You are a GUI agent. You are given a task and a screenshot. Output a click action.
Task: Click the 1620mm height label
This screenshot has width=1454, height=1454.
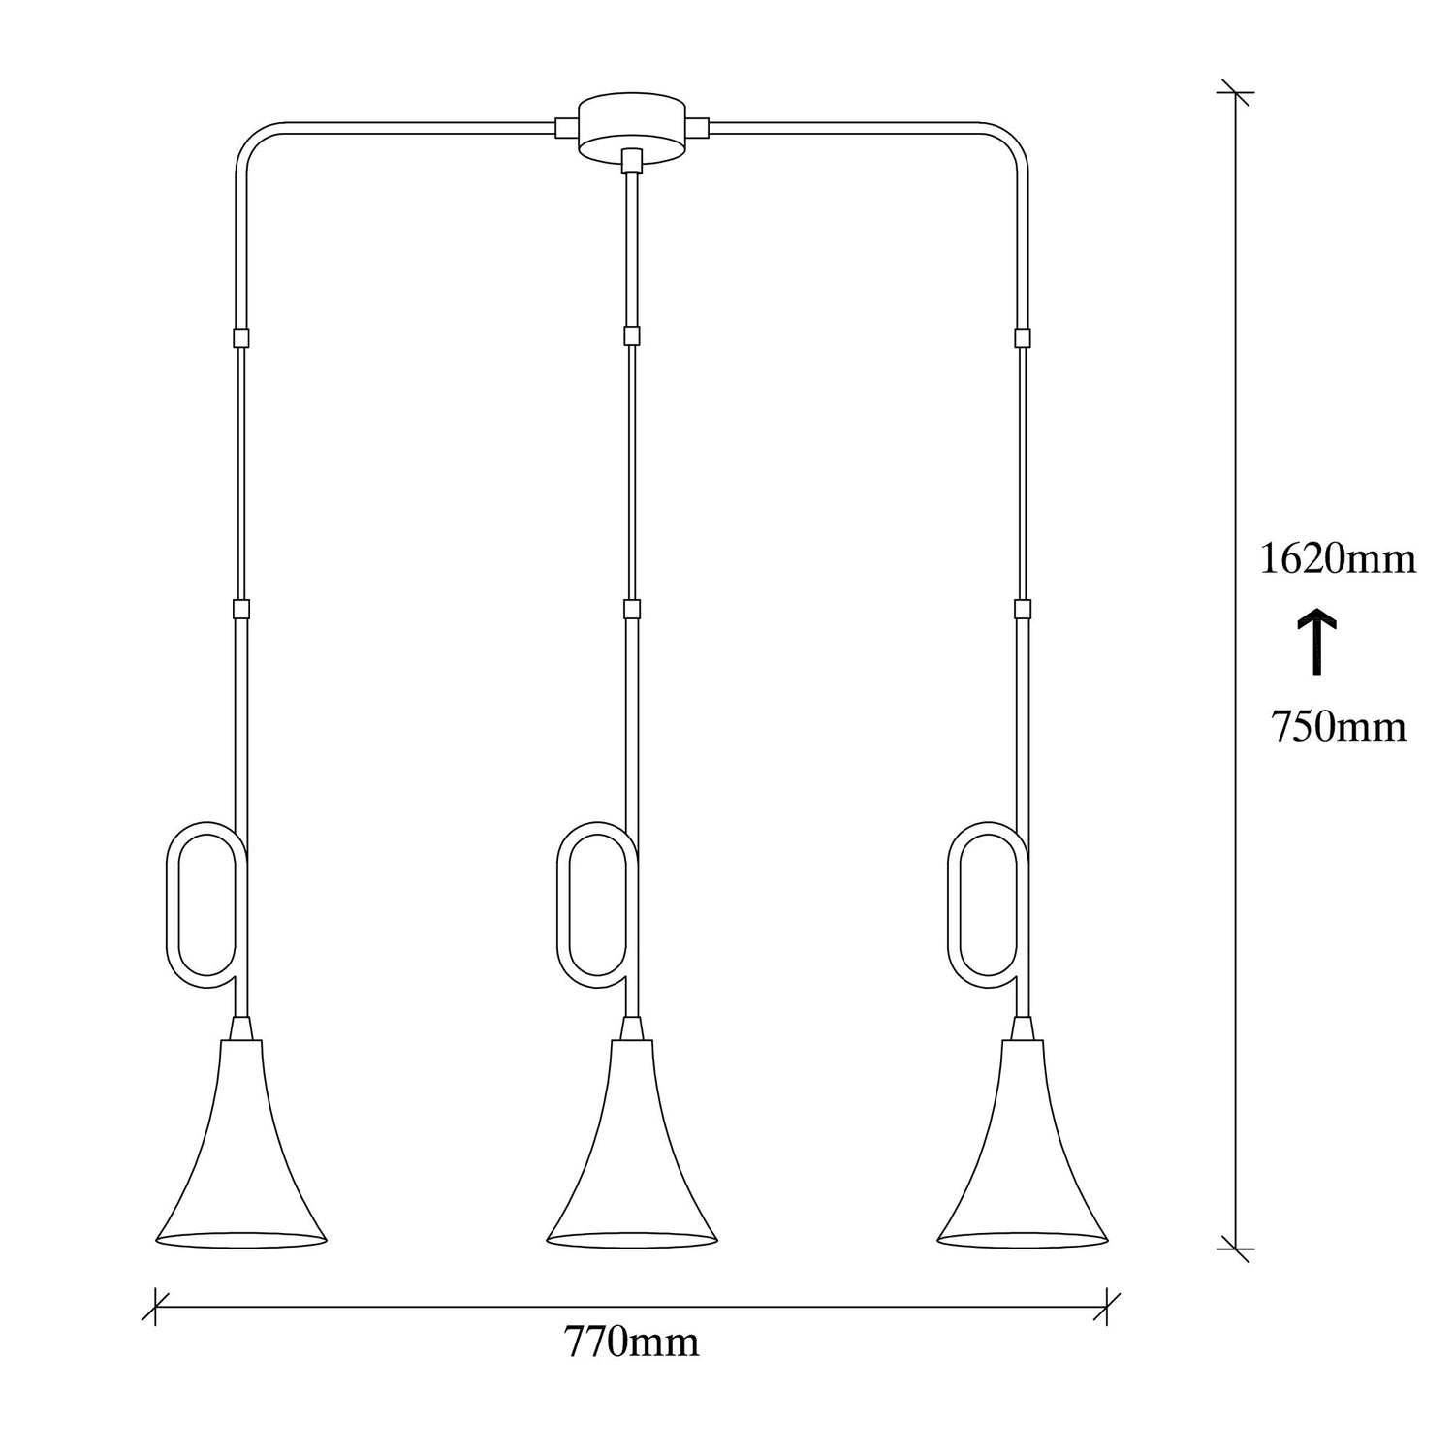[1338, 559]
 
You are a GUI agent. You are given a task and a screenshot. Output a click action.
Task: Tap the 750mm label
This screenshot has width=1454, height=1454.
[1338, 726]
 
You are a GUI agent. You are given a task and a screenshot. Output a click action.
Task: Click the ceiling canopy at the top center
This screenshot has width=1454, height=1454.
[632, 126]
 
